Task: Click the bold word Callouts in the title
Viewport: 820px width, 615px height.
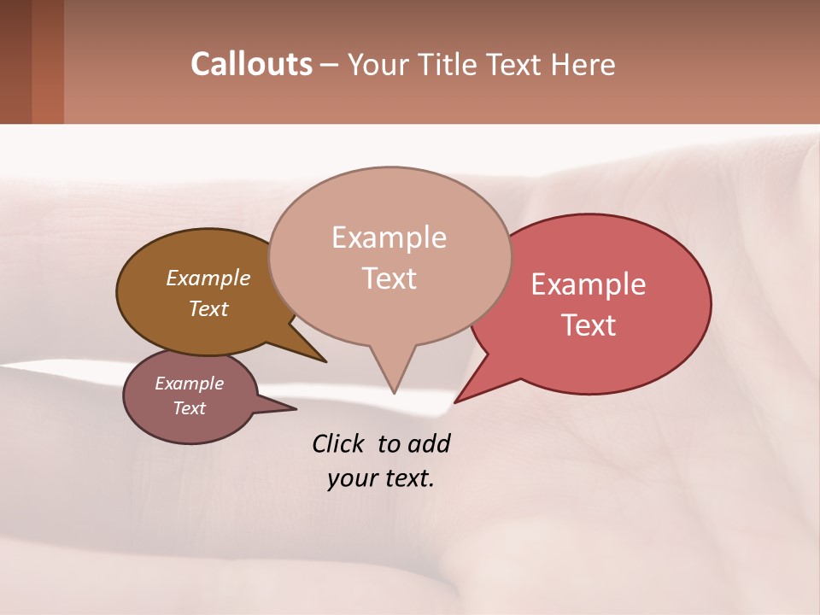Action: (251, 64)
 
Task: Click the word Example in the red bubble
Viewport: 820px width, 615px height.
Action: (589, 284)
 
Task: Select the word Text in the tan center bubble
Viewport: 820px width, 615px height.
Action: (389, 278)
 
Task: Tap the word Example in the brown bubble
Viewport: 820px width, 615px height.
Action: (208, 278)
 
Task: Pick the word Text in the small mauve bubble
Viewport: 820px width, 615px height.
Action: (189, 408)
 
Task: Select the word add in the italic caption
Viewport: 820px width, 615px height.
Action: (429, 443)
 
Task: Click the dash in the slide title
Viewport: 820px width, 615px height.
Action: (330, 65)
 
